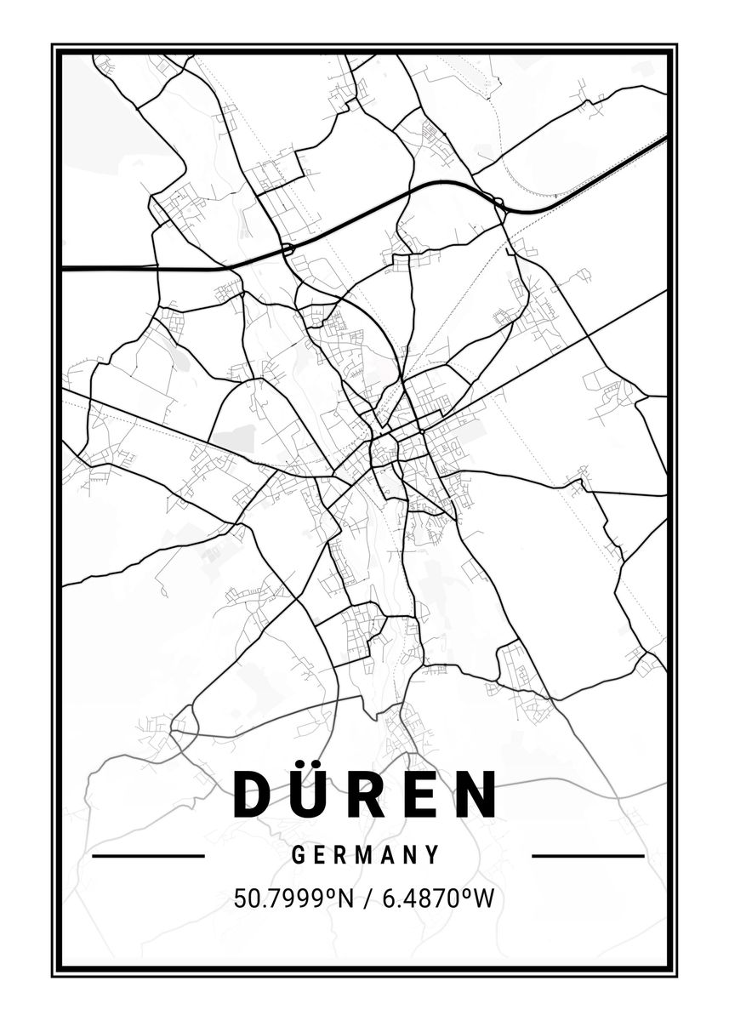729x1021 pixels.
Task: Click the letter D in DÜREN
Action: [x=253, y=794]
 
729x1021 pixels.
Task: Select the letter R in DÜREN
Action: [x=371, y=794]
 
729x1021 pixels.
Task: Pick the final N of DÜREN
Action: [x=477, y=794]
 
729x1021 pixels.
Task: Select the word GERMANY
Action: [x=366, y=855]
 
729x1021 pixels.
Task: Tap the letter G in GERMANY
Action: [x=299, y=855]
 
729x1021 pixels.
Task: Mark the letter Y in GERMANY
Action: [x=433, y=855]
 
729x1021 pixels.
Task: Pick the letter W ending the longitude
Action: [x=483, y=898]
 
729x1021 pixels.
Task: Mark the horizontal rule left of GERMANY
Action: [x=148, y=856]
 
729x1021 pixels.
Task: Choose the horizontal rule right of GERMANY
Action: [x=588, y=856]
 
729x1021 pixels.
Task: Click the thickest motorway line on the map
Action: [x=170, y=269]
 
